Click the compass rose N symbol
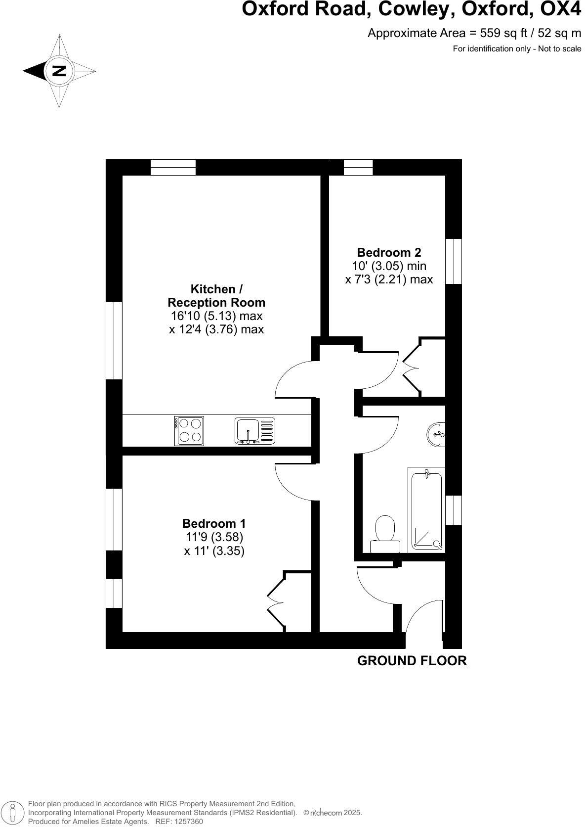pos(59,71)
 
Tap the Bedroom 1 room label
pos(213,523)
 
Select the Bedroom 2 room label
pos(389,252)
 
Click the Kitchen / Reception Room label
pos(216,296)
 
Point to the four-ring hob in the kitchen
pos(189,430)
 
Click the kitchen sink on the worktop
pos(254,430)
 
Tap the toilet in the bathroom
pos(385,534)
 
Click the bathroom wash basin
pos(436,435)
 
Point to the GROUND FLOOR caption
pos(412,661)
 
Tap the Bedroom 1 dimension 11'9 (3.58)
pos(214,537)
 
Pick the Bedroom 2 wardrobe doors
pos(412,368)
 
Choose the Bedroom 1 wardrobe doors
pos(276,601)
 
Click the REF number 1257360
pos(186,822)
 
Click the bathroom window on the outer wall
pos(454,510)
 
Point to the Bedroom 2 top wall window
pos(358,167)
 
